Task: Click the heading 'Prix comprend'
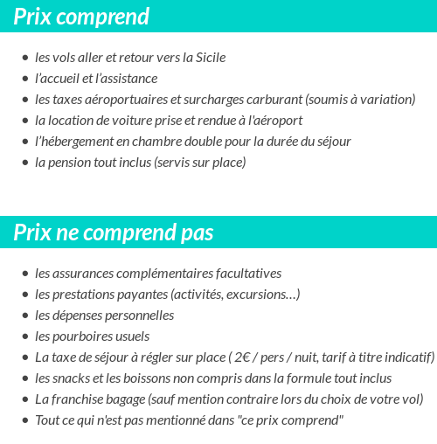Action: [81, 17]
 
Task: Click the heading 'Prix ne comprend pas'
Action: [114, 232]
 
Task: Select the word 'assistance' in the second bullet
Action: [128, 79]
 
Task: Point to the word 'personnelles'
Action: [140, 316]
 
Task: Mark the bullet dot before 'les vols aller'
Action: [25, 59]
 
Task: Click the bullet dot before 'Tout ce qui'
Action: [25, 421]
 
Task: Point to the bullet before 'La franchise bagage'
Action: [25, 400]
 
